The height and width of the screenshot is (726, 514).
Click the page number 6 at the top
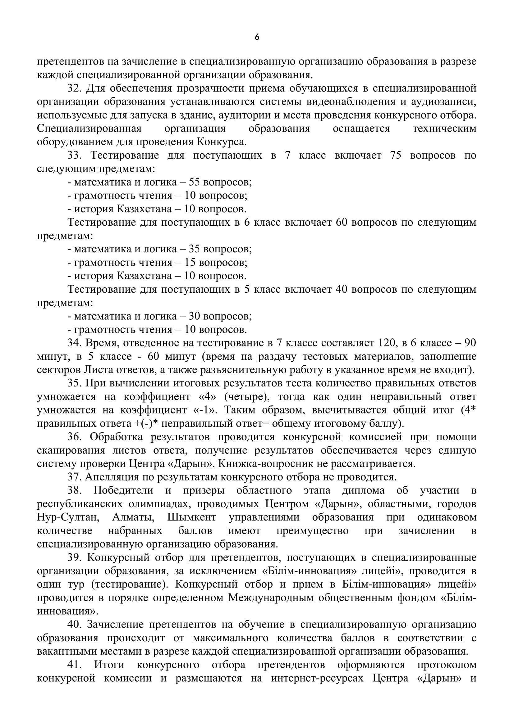(257, 37)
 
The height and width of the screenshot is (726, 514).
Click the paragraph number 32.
(74, 88)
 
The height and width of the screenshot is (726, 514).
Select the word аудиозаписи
(443, 101)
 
